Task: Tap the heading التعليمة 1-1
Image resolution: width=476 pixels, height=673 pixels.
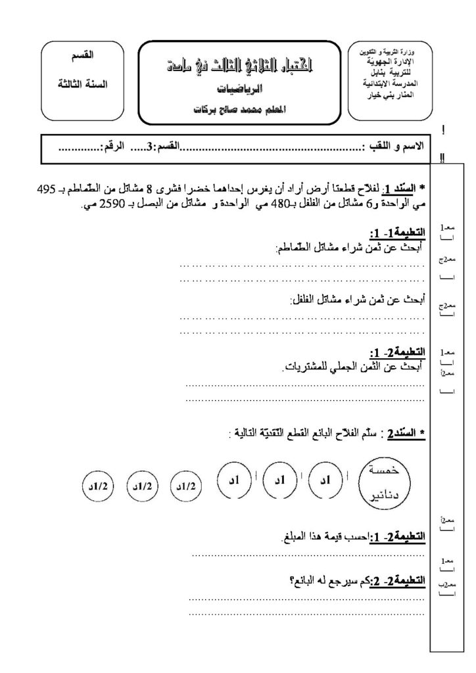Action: [397, 234]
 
